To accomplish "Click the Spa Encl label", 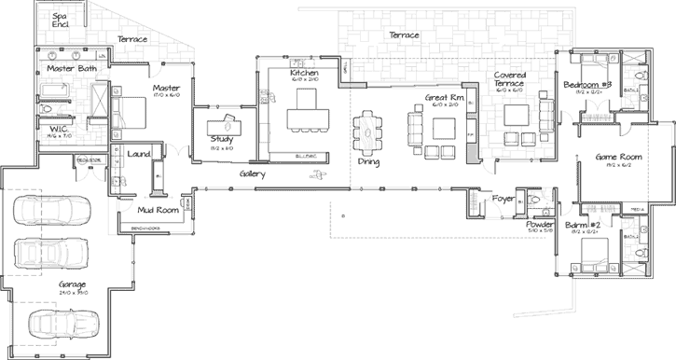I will [60, 20].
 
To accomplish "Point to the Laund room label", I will [140, 154].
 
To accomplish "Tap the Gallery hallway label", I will [252, 174].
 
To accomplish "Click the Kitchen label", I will [305, 73].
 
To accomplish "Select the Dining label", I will [368, 162].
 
